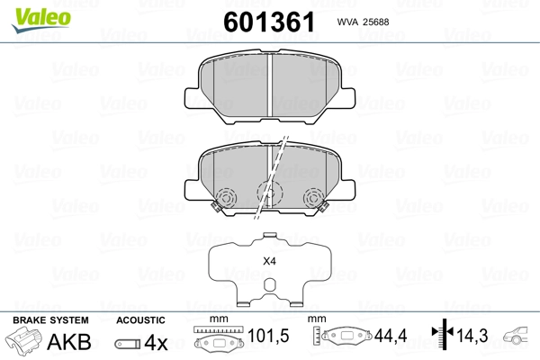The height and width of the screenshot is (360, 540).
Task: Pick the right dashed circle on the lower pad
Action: pyautogui.click(x=314, y=197)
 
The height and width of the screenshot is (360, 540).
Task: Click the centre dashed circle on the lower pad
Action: pyautogui.click(x=268, y=192)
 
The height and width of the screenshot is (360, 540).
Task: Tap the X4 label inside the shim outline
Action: pyautogui.click(x=267, y=262)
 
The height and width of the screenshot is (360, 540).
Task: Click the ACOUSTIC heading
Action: pyautogui.click(x=140, y=320)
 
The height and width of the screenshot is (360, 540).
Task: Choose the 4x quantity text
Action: pyautogui.click(x=157, y=342)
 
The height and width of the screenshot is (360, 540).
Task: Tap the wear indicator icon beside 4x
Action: pyautogui.click(x=128, y=343)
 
